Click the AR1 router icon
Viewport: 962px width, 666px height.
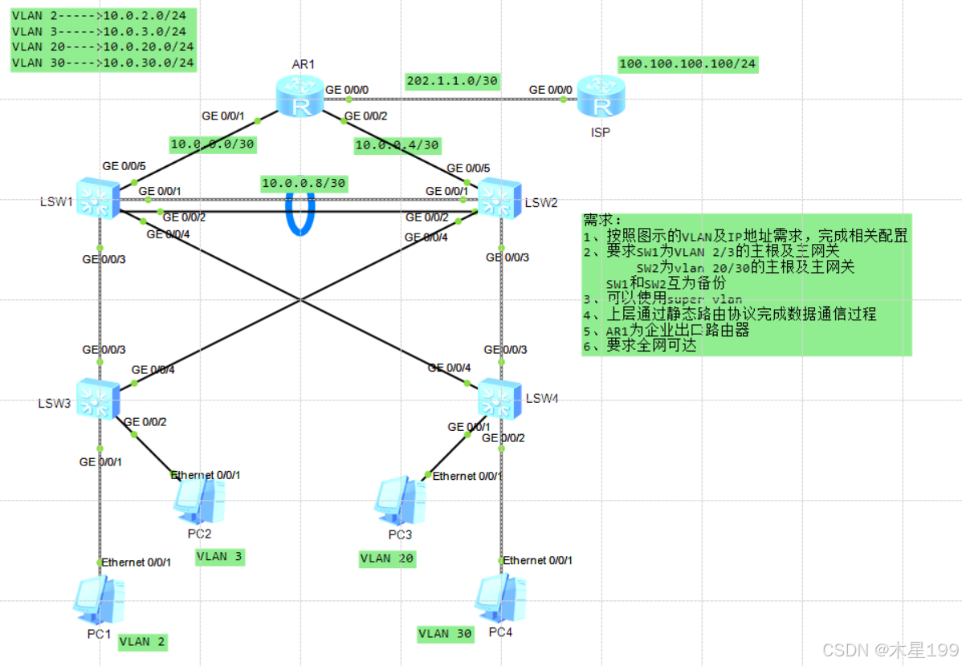click(300, 97)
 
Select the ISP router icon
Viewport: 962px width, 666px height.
click(600, 97)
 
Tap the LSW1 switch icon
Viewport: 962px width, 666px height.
click(99, 197)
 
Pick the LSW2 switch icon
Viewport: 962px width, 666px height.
click(499, 197)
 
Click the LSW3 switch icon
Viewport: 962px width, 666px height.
click(99, 398)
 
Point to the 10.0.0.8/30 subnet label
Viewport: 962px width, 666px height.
click(304, 184)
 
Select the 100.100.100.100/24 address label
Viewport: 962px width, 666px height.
click(687, 64)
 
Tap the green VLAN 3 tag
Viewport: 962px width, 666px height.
click(219, 557)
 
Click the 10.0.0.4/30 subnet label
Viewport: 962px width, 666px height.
click(397, 144)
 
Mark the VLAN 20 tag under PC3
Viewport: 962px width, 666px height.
click(387, 558)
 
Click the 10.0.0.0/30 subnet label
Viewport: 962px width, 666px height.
click(212, 144)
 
